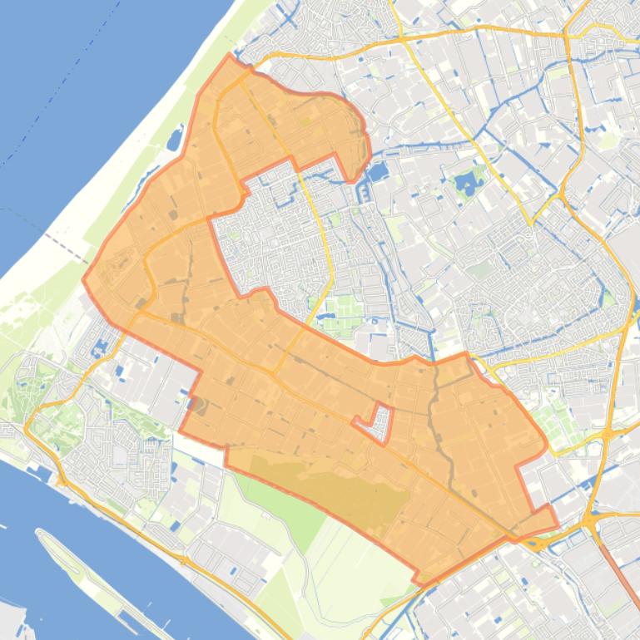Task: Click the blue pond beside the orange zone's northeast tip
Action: (376, 173)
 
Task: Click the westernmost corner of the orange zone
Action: (83, 279)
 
